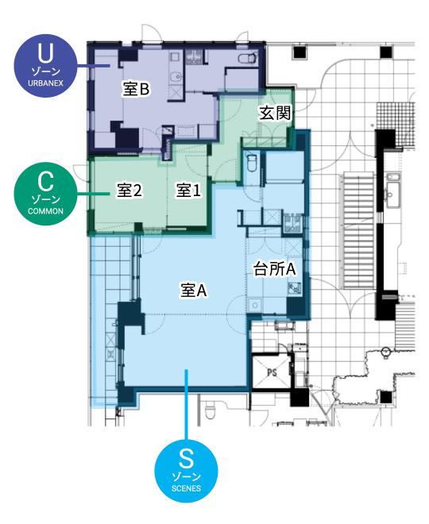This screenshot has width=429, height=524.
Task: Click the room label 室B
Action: (136, 90)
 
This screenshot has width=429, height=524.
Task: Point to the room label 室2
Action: (129, 191)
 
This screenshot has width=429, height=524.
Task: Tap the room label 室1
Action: (188, 191)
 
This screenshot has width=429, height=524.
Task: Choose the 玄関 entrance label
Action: (275, 114)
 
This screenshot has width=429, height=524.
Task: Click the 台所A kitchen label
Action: (275, 268)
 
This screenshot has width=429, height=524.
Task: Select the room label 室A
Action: (193, 291)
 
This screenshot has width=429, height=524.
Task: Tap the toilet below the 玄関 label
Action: (252, 163)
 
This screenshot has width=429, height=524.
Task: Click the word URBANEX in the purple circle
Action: (45, 83)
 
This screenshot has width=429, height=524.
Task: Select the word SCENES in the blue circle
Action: (186, 488)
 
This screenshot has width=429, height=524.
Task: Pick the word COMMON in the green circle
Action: (45, 211)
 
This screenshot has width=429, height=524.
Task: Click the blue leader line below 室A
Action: (186, 405)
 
